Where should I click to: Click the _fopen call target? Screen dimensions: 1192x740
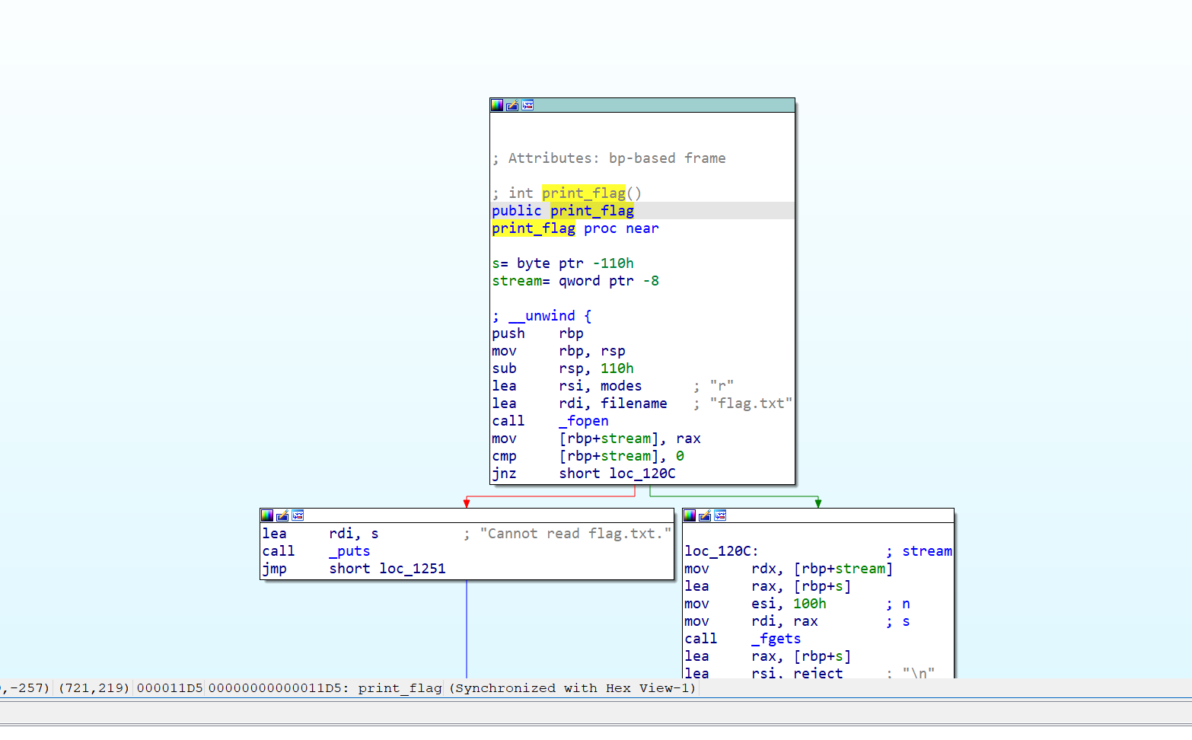[x=584, y=421]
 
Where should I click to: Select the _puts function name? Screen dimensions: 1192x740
[x=349, y=551]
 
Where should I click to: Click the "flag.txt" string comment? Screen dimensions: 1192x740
[x=751, y=403]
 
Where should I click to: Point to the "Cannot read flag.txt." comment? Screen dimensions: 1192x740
[x=575, y=534]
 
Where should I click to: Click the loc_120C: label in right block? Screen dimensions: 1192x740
[x=721, y=551]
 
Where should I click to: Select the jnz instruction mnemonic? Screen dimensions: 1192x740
[x=504, y=474]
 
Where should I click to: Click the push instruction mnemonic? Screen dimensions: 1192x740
[x=508, y=333]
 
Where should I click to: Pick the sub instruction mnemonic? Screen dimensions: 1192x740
[x=504, y=368]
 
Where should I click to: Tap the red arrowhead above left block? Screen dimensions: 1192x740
[x=467, y=503]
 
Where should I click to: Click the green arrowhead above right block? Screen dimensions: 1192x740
[x=818, y=503]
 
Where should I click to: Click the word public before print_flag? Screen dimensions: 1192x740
[x=516, y=211]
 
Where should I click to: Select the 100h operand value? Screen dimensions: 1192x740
[x=809, y=604]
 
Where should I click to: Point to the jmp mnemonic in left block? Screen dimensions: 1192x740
[x=275, y=569]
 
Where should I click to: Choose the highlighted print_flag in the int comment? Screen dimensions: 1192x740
[x=584, y=193]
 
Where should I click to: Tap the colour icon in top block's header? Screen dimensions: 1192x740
[x=497, y=105]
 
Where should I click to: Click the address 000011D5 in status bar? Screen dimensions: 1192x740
[x=170, y=688]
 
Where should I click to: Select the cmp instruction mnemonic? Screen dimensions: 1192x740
[x=504, y=456]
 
